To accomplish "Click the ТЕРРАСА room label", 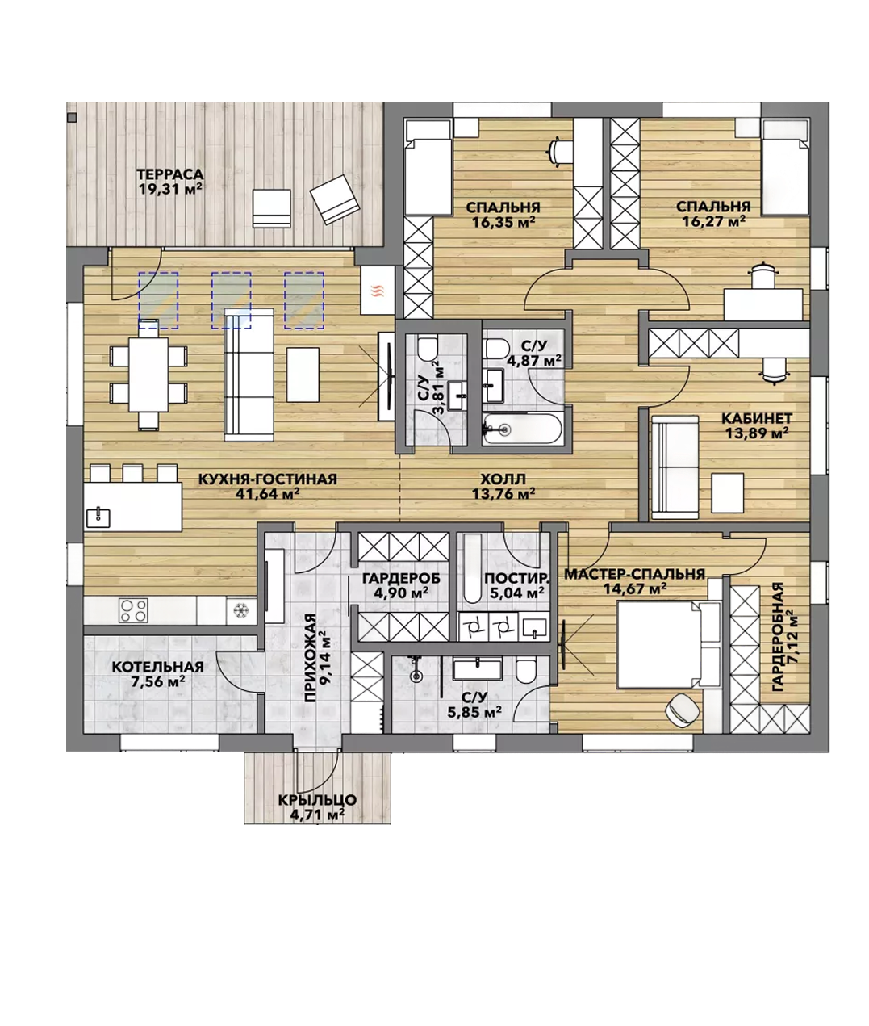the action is [169, 174].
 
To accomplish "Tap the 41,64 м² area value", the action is [268, 494].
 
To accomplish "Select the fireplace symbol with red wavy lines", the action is [378, 291].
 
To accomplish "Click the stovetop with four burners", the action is [133, 610].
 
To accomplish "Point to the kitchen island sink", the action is [98, 517].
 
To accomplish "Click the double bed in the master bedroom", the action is [668, 644].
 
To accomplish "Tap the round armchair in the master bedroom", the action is [683, 710].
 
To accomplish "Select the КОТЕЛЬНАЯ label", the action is [158, 667].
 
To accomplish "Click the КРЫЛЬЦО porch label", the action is [317, 800].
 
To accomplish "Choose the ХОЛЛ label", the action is [503, 479].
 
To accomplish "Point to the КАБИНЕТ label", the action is [757, 418].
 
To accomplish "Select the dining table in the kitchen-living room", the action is [148, 375].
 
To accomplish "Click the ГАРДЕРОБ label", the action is [401, 578].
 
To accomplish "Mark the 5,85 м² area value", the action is [474, 712].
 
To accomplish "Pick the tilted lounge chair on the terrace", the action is [335, 199].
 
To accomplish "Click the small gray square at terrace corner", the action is [73, 118].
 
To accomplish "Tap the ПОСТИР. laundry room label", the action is [517, 578].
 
